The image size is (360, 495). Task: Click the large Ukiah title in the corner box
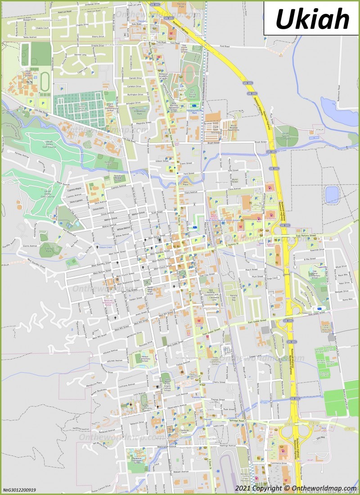click(x=312, y=18)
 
